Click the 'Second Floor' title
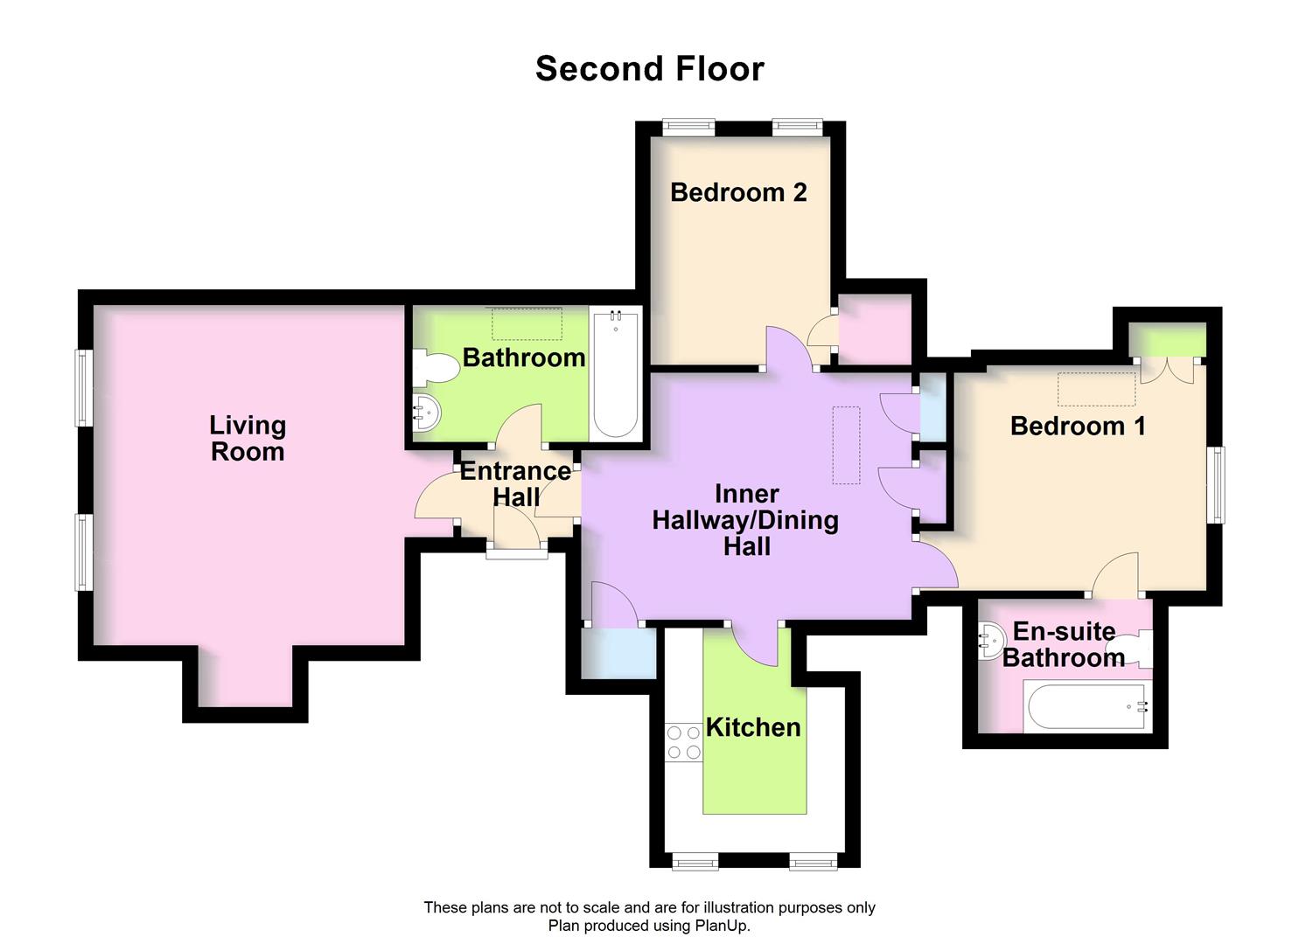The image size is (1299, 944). tap(649, 69)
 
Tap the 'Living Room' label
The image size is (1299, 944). tap(248, 438)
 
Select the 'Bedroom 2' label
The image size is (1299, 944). tap(738, 192)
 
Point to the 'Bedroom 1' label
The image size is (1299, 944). tap(1078, 426)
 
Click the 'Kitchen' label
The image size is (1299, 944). tap(753, 727)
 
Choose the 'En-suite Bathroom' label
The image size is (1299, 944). tap(1064, 644)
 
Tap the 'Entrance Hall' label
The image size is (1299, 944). tap(515, 483)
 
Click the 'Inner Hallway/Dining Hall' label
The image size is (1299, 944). tap(746, 520)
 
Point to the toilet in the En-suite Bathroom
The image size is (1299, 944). tap(1138, 648)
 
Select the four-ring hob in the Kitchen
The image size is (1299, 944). tap(684, 742)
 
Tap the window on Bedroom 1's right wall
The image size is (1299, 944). tap(1216, 485)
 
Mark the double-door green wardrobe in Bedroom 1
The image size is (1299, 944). tap(1167, 340)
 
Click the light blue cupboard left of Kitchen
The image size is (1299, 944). tap(619, 652)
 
